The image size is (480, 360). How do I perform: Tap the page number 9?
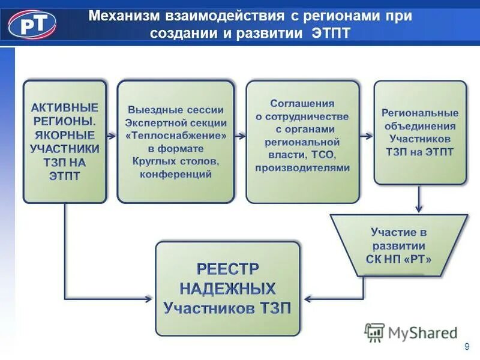point(467,347)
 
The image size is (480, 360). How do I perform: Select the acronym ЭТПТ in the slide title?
point(331,33)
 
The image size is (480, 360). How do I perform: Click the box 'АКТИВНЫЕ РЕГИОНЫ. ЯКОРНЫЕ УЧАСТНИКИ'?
point(65,142)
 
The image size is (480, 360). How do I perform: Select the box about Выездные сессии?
point(175,142)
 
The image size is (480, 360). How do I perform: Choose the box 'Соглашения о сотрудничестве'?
point(302,142)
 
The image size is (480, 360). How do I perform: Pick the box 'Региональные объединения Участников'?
point(420,132)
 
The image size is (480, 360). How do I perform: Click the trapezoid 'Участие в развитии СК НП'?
point(398,245)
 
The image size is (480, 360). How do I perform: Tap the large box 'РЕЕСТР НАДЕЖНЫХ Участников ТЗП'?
point(227,289)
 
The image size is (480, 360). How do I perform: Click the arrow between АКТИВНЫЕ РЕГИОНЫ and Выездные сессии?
point(112,136)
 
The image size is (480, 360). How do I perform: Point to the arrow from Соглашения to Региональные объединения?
point(367,136)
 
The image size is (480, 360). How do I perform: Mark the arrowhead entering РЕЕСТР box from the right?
point(307,298)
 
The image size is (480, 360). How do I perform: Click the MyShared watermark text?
point(423,332)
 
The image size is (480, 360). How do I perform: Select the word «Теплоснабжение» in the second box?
point(176,136)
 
